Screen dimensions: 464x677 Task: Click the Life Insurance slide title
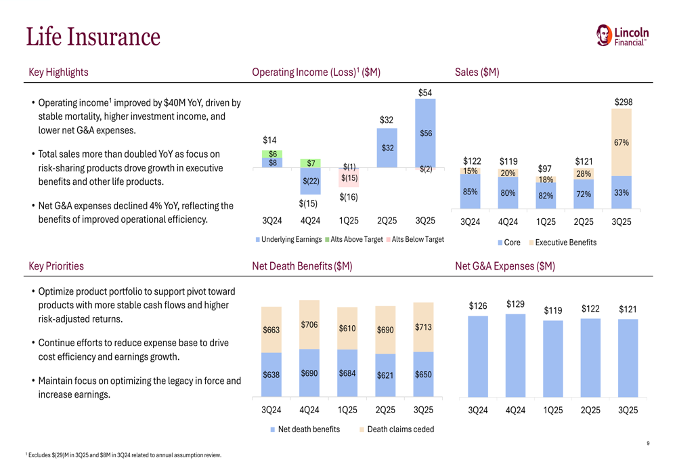click(93, 37)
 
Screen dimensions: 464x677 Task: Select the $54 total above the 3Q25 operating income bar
click(425, 92)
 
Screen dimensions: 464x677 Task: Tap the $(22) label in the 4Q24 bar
click(311, 181)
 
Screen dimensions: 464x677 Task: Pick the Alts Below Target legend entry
click(415, 240)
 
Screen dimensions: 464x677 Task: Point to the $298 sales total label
click(624, 102)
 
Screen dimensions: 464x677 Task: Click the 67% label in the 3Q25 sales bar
click(621, 143)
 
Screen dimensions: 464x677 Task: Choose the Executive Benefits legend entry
click(563, 242)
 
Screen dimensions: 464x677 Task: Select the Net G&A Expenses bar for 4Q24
click(515, 355)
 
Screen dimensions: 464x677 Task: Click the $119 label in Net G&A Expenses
click(553, 311)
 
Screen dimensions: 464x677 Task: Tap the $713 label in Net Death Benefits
click(423, 327)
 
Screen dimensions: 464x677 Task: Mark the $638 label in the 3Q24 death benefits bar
click(271, 375)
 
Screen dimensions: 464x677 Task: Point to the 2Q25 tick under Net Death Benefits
click(385, 410)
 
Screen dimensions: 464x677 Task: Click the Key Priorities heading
click(56, 266)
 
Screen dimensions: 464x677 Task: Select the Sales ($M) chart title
click(477, 72)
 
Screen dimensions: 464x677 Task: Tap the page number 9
click(648, 444)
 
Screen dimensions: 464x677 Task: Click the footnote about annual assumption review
click(123, 455)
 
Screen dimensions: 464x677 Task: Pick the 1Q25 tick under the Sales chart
click(546, 222)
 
